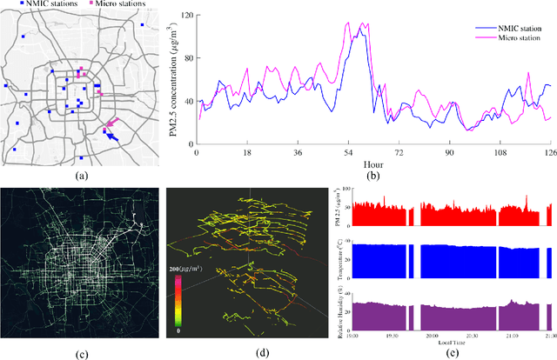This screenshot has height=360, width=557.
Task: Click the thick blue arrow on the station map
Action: click(x=112, y=135)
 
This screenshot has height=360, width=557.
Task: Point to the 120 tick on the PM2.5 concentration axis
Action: click(x=186, y=16)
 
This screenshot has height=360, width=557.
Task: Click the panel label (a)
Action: click(x=83, y=175)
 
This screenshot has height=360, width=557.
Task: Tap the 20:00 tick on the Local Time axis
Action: click(x=430, y=339)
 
